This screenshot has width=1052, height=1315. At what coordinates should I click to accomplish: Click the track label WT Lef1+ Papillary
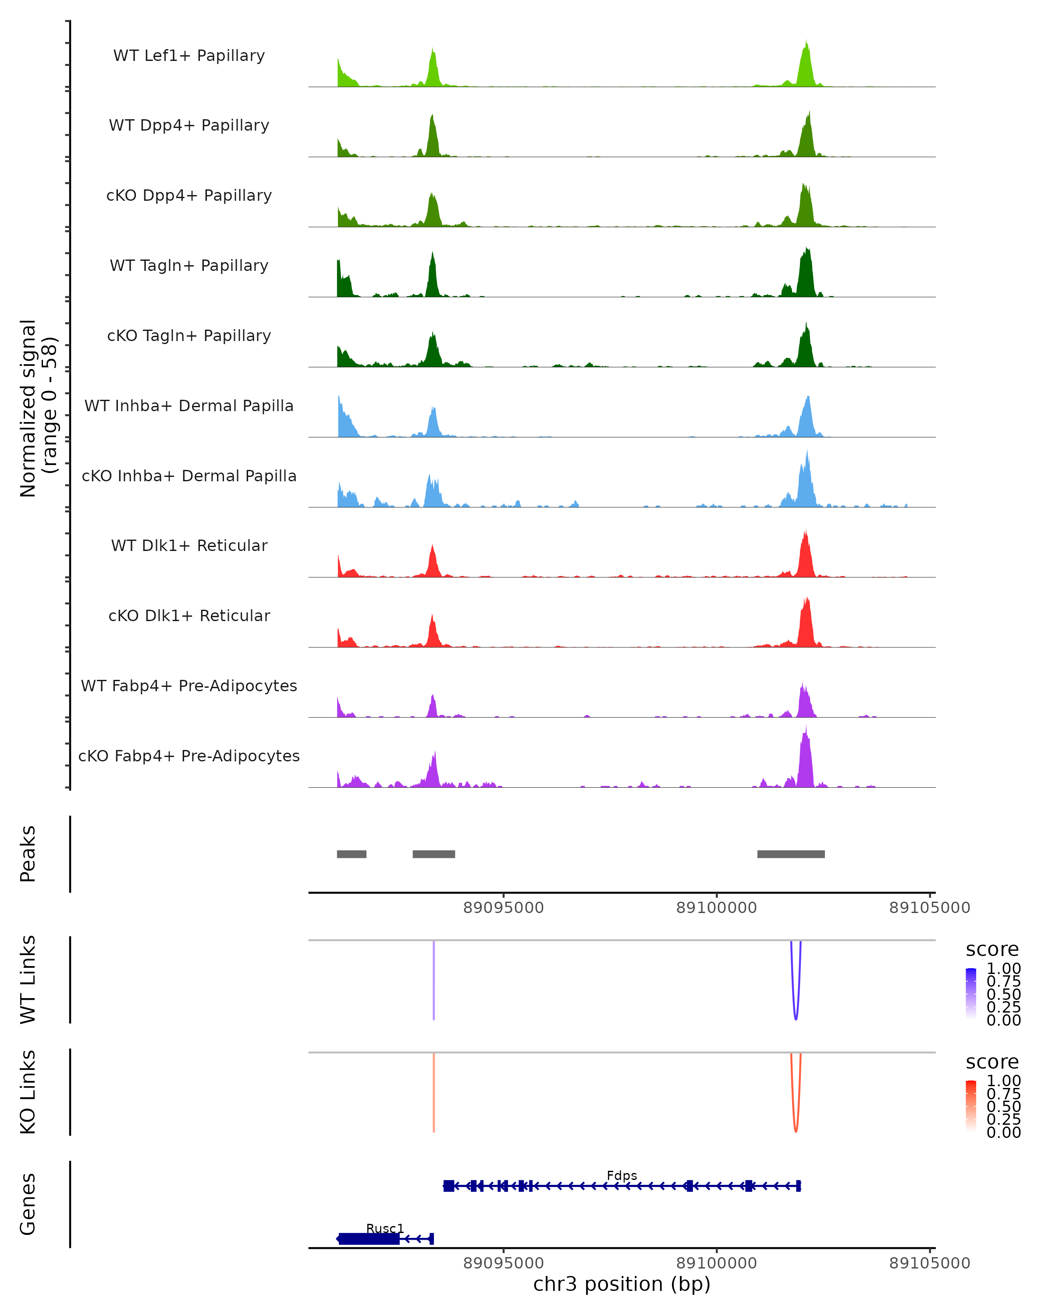[x=189, y=56]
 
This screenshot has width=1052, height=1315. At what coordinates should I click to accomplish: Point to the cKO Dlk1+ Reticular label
[x=189, y=615]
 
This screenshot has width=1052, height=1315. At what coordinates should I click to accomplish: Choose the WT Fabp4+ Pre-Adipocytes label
[x=189, y=686]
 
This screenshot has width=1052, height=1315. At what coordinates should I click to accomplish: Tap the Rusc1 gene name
[x=385, y=1228]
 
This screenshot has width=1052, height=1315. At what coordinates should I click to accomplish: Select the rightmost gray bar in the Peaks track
[x=791, y=854]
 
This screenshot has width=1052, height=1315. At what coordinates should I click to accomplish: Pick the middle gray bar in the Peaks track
[x=434, y=854]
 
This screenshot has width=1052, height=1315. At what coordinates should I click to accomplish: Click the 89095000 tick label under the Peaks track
[x=503, y=908]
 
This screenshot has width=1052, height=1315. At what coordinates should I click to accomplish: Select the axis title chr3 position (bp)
[x=622, y=1284]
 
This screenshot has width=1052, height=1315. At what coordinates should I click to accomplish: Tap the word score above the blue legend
[x=992, y=949]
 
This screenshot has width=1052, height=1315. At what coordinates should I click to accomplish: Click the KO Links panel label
[x=28, y=1092]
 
